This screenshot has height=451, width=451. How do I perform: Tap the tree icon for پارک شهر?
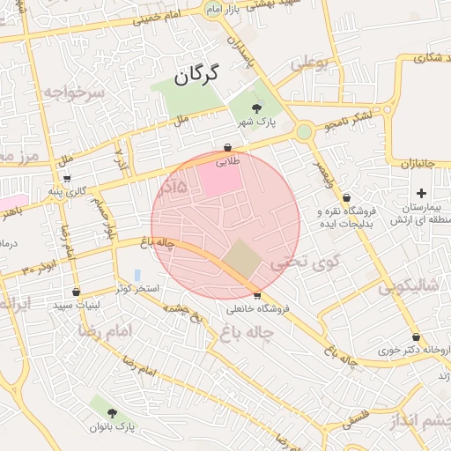[x=256, y=107]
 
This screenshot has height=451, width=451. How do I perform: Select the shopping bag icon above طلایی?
[x=228, y=149]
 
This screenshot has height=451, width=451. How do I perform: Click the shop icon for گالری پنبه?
[x=67, y=177]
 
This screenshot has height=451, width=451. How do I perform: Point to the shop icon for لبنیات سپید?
[x=77, y=292]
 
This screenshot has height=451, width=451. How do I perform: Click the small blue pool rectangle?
[x=137, y=275]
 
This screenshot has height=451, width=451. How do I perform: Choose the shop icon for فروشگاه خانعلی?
[x=257, y=296]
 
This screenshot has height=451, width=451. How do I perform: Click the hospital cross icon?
[x=421, y=193]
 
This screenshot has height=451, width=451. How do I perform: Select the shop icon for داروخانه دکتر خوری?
[x=416, y=337]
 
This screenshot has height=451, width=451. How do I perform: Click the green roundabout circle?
[x=304, y=132]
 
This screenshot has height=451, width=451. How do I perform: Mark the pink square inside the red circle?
[x=218, y=181]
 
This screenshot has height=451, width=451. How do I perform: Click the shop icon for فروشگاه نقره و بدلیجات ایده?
[x=346, y=198]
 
